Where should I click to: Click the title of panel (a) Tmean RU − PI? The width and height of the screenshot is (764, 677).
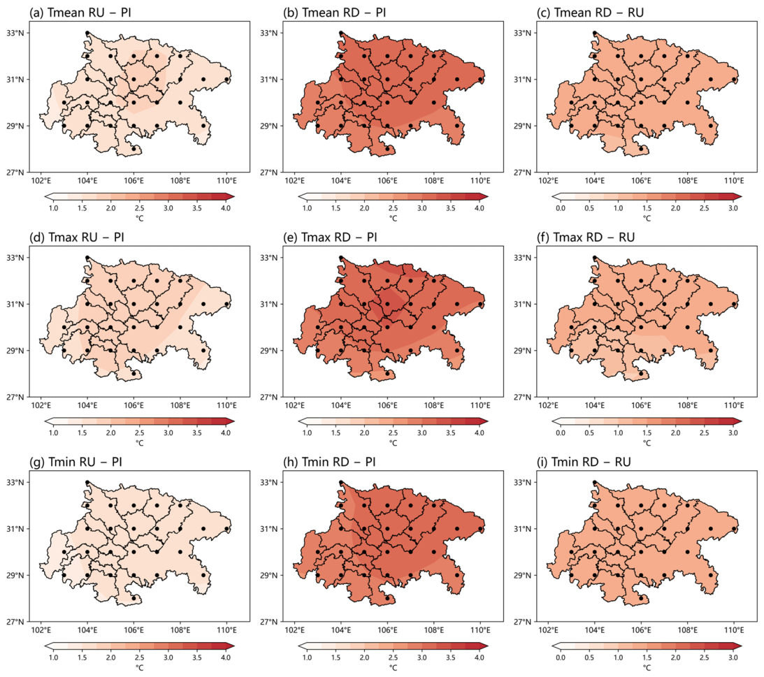[80, 13]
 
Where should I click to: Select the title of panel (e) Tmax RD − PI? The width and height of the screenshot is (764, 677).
[330, 237]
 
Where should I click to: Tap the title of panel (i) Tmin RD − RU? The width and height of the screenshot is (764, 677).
[584, 462]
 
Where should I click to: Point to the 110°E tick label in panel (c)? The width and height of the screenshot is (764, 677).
[734, 181]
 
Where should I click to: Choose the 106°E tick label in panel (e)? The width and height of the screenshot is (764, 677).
[387, 405]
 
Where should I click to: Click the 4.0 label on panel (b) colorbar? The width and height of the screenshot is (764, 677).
[480, 208]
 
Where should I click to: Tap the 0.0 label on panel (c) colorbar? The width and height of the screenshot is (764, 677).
[561, 208]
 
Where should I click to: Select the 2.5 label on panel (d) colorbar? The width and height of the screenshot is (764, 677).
[139, 432]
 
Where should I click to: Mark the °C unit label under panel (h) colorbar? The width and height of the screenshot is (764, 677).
[394, 667]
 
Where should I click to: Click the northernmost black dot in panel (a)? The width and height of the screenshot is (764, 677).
[87, 33]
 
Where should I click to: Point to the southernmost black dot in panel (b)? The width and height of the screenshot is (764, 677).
[387, 149]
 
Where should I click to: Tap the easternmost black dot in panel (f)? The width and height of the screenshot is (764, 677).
[734, 304]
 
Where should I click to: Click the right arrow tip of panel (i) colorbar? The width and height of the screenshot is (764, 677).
[742, 646]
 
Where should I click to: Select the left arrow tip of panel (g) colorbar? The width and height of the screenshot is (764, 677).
[44, 646]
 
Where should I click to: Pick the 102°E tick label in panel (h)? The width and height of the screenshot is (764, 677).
[294, 630]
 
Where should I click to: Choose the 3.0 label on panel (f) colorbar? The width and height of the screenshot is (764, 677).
[733, 432]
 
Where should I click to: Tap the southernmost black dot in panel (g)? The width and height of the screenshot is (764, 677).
[134, 598]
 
